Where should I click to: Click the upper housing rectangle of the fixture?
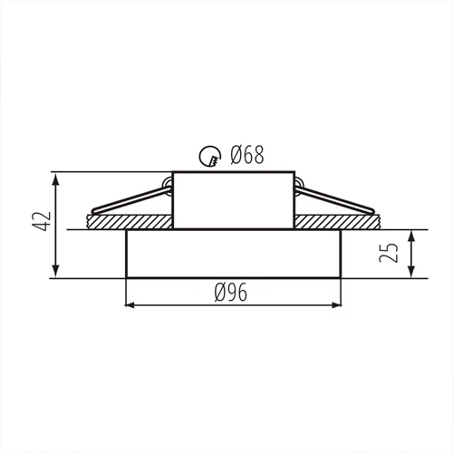(232, 199)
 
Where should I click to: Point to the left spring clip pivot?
(165, 188)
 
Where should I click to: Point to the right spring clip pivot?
(299, 188)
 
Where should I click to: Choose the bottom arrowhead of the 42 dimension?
(57, 273)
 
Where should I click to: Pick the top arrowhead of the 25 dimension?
(412, 236)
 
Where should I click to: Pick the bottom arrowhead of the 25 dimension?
(412, 273)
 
